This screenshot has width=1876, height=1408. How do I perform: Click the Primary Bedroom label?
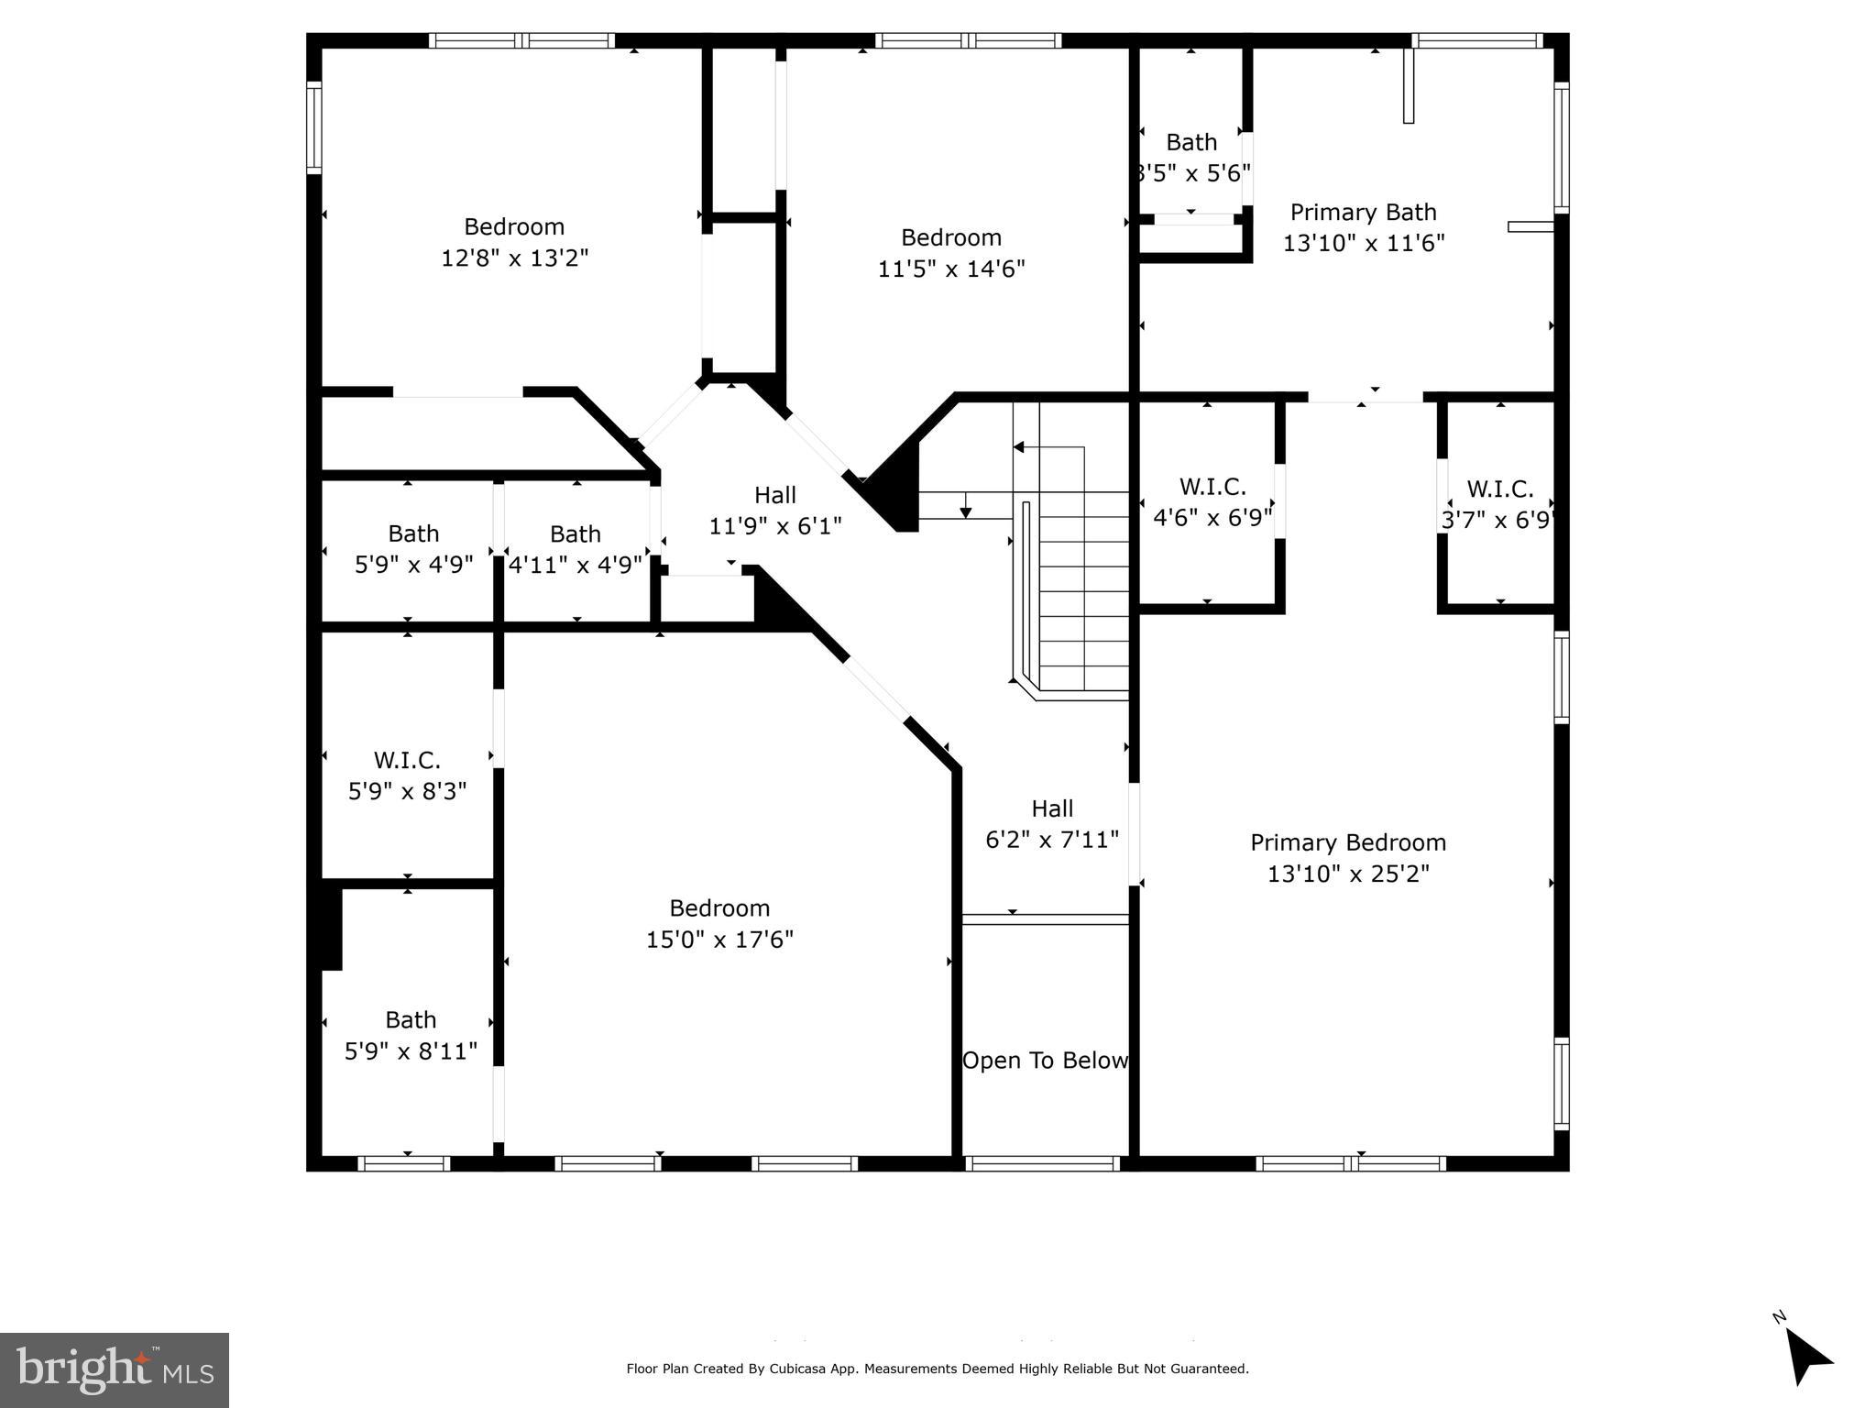pyautogui.click(x=1347, y=842)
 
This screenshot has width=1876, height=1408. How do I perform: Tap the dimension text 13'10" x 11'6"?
pyautogui.click(x=1363, y=243)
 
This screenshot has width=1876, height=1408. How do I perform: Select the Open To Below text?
pyautogui.click(x=1045, y=1061)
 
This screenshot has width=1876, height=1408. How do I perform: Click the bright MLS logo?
pyautogui.click(x=115, y=1370)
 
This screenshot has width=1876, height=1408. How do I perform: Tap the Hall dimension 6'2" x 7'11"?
pyautogui.click(x=1052, y=840)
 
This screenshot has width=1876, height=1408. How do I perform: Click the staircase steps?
pyautogui.click(x=1083, y=596)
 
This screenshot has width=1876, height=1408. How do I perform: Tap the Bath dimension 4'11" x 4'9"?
pyautogui.click(x=575, y=565)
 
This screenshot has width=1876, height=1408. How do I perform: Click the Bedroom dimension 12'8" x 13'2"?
pyautogui.click(x=514, y=258)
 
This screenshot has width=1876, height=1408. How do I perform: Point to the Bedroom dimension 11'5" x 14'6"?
pyautogui.click(x=950, y=269)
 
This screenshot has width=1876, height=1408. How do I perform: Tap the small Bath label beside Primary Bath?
pyautogui.click(x=1190, y=143)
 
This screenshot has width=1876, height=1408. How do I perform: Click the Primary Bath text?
pyautogui.click(x=1363, y=213)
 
